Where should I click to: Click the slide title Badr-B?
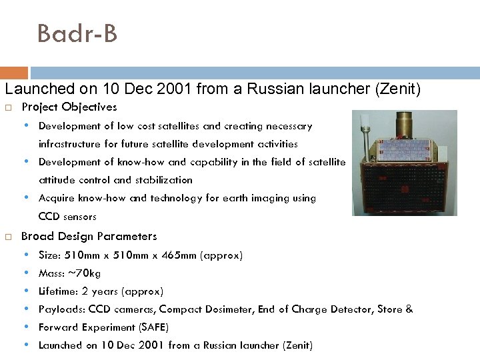point(77,33)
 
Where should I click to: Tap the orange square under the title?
point(14,73)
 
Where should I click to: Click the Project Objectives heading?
point(69,107)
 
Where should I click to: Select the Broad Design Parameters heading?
point(89,236)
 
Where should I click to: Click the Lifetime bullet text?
point(101,291)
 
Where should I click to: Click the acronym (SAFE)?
point(153,327)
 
